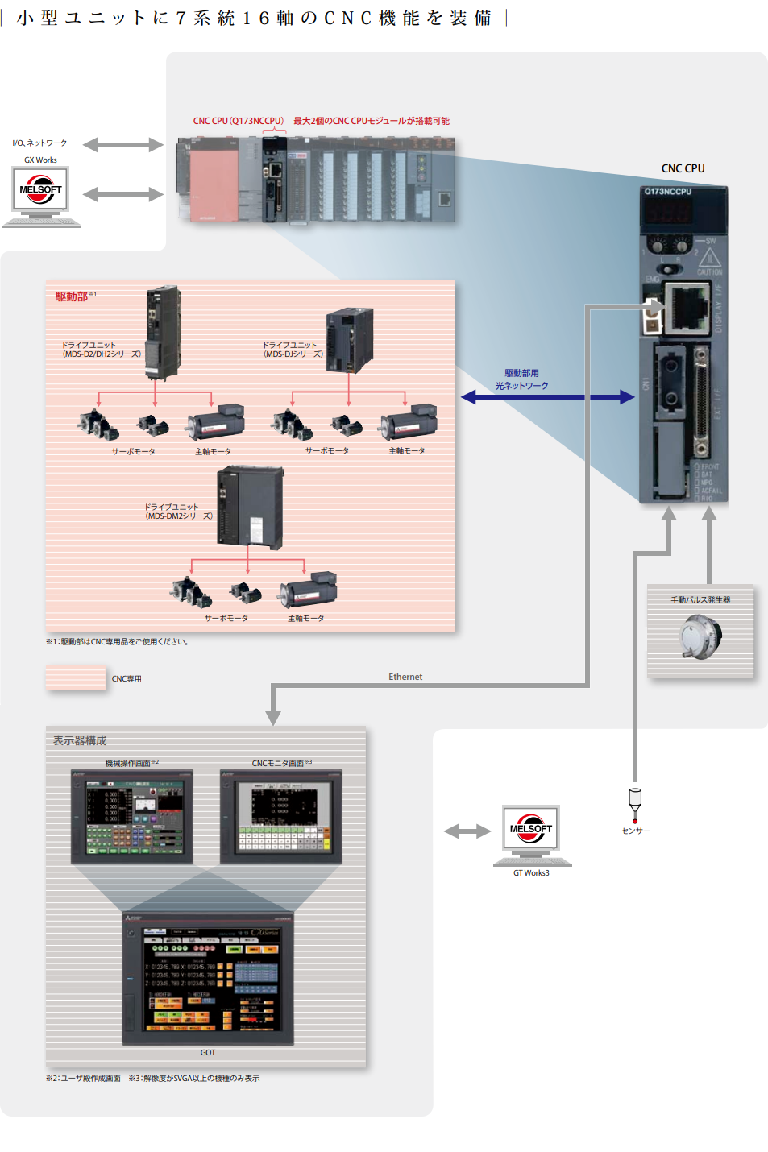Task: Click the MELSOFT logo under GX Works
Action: pyautogui.click(x=40, y=189)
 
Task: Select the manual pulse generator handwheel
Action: pyautogui.click(x=700, y=636)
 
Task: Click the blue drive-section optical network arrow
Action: pyautogui.click(x=547, y=396)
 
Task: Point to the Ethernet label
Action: pyautogui.click(x=405, y=677)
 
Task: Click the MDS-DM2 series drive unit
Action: pyautogui.click(x=251, y=508)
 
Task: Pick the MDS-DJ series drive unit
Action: pyautogui.click(x=350, y=340)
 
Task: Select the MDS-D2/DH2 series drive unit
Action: pyautogui.click(x=163, y=331)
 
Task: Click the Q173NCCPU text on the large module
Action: pyautogui.click(x=668, y=192)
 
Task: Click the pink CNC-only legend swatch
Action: pyautogui.click(x=76, y=678)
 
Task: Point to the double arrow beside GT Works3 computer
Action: pyautogui.click(x=467, y=831)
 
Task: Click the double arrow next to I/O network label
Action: pyautogui.click(x=123, y=145)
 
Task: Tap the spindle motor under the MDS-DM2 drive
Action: pyautogui.click(x=308, y=591)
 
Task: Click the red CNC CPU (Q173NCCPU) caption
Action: pyautogui.click(x=239, y=121)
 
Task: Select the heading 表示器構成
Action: pyautogui.click(x=80, y=740)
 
